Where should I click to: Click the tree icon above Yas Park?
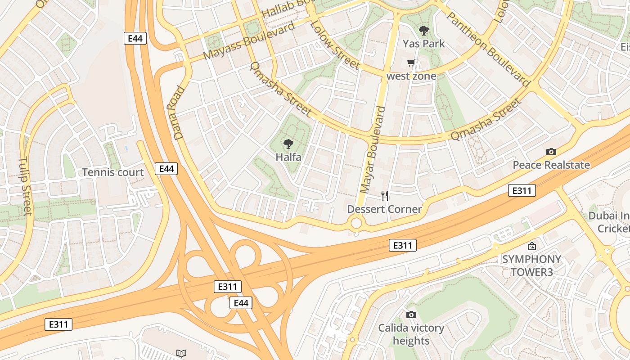point(423,31)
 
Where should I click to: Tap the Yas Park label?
point(423,44)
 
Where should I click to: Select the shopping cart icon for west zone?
point(411,63)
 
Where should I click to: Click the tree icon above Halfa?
point(288,144)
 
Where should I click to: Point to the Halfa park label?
point(288,157)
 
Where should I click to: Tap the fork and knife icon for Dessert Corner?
point(385,196)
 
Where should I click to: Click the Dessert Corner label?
point(384,209)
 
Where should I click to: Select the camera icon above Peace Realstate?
point(551,152)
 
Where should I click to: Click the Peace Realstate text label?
point(551,165)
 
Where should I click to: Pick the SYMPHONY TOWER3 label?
point(531,265)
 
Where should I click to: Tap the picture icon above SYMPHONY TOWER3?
point(532,246)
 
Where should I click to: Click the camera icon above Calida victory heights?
point(411,315)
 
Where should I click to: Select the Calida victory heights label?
point(411,334)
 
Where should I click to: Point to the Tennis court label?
point(113,172)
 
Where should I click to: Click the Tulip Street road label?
point(26,186)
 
